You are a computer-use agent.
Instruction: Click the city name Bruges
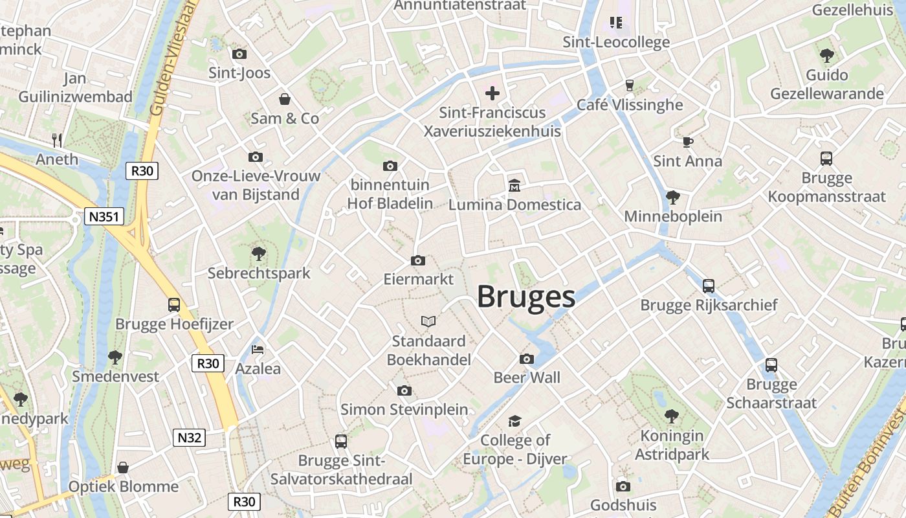526,297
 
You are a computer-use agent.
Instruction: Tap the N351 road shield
104,216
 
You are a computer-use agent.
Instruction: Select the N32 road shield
190,438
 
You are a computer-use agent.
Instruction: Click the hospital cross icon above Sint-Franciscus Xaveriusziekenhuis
492,93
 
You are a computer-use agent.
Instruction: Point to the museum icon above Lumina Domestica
514,186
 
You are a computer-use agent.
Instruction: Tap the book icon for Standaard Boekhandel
428,321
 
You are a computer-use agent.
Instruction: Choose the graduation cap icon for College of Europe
514,422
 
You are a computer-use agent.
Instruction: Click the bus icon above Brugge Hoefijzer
173,305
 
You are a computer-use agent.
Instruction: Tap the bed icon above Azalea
258,350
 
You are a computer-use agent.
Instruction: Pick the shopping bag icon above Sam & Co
284,99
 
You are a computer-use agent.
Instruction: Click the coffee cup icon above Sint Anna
687,142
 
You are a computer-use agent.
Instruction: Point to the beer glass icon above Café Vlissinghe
629,85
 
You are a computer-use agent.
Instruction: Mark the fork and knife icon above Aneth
57,140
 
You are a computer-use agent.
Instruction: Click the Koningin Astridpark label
672,445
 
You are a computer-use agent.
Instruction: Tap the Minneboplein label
673,216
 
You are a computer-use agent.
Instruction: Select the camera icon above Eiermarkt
418,260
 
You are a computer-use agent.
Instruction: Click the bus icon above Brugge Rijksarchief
709,286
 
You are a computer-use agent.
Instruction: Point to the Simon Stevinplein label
404,409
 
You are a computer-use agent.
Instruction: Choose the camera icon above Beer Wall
527,359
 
